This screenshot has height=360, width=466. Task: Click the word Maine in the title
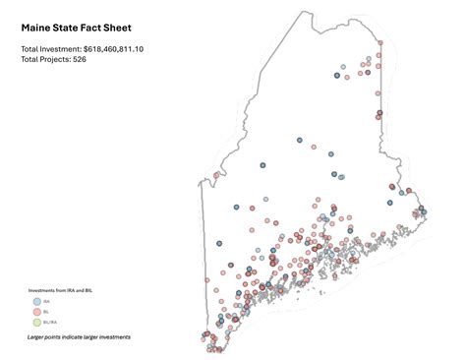38,29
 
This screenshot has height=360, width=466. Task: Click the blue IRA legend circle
36,301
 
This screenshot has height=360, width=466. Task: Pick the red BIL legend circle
36,312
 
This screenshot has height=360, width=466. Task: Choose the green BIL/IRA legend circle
36,323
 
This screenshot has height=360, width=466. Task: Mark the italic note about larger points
79,337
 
